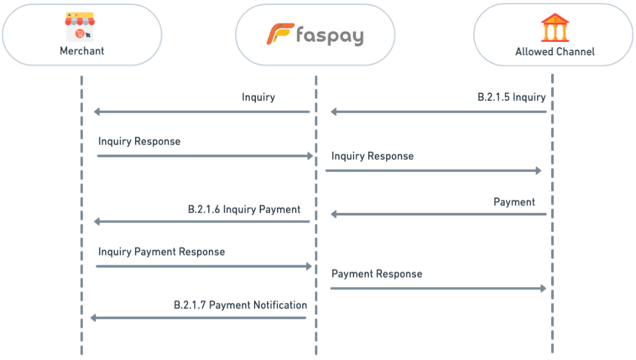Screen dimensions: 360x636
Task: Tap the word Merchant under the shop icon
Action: point(81,51)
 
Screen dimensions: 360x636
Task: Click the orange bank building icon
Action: point(554,28)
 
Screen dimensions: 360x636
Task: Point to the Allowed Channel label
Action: point(555,52)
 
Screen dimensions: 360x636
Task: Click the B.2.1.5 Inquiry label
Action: point(511,97)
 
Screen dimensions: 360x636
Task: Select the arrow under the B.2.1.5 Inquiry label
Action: point(438,111)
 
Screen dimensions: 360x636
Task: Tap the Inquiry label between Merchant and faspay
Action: point(258,97)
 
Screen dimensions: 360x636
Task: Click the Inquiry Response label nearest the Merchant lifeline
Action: point(139,141)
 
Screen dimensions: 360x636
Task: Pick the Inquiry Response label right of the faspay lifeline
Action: point(372,156)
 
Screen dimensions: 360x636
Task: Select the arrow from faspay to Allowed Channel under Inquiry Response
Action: point(433,170)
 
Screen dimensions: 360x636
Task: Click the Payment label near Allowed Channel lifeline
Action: point(514,202)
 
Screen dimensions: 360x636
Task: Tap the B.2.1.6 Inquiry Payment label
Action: point(244,209)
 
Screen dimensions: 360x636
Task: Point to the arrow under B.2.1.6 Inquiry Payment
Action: point(202,221)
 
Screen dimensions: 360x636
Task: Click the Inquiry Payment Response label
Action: point(161,251)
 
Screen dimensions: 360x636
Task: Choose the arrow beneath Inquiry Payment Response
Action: point(204,266)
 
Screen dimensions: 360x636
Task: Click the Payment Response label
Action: point(376,274)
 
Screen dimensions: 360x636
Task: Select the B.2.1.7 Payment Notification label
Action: point(240,305)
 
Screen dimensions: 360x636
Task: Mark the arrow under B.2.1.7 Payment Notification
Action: point(198,318)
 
